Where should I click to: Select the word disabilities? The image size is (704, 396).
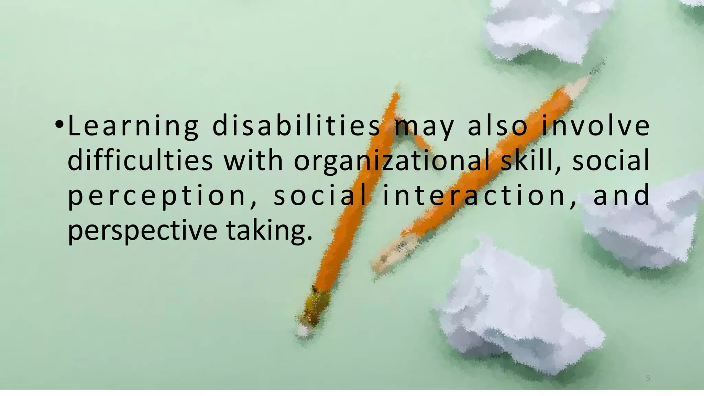pos(296,127)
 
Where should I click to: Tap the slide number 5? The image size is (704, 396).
pos(648,378)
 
